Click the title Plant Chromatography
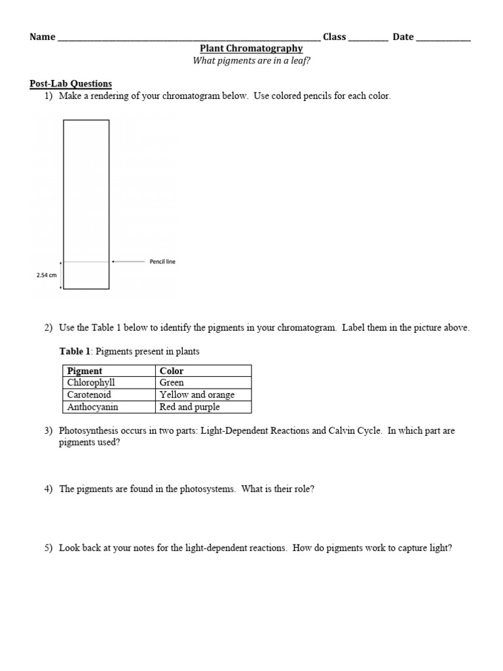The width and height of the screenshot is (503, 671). (251, 48)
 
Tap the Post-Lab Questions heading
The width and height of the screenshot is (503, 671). (71, 84)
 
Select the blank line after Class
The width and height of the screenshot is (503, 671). (368, 38)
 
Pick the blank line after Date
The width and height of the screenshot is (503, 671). (443, 38)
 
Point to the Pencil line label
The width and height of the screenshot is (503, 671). (162, 261)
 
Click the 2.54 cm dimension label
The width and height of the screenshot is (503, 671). (47, 275)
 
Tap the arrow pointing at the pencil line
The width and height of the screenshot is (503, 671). (128, 261)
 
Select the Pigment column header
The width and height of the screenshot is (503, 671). (85, 371)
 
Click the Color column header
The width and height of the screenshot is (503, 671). (172, 371)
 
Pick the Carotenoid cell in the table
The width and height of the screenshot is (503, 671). (89, 395)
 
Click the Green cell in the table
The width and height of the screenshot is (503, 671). (172, 383)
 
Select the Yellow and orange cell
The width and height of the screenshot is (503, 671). (196, 395)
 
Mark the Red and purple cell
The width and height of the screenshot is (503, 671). (189, 407)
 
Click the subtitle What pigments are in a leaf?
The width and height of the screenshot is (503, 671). (251, 61)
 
